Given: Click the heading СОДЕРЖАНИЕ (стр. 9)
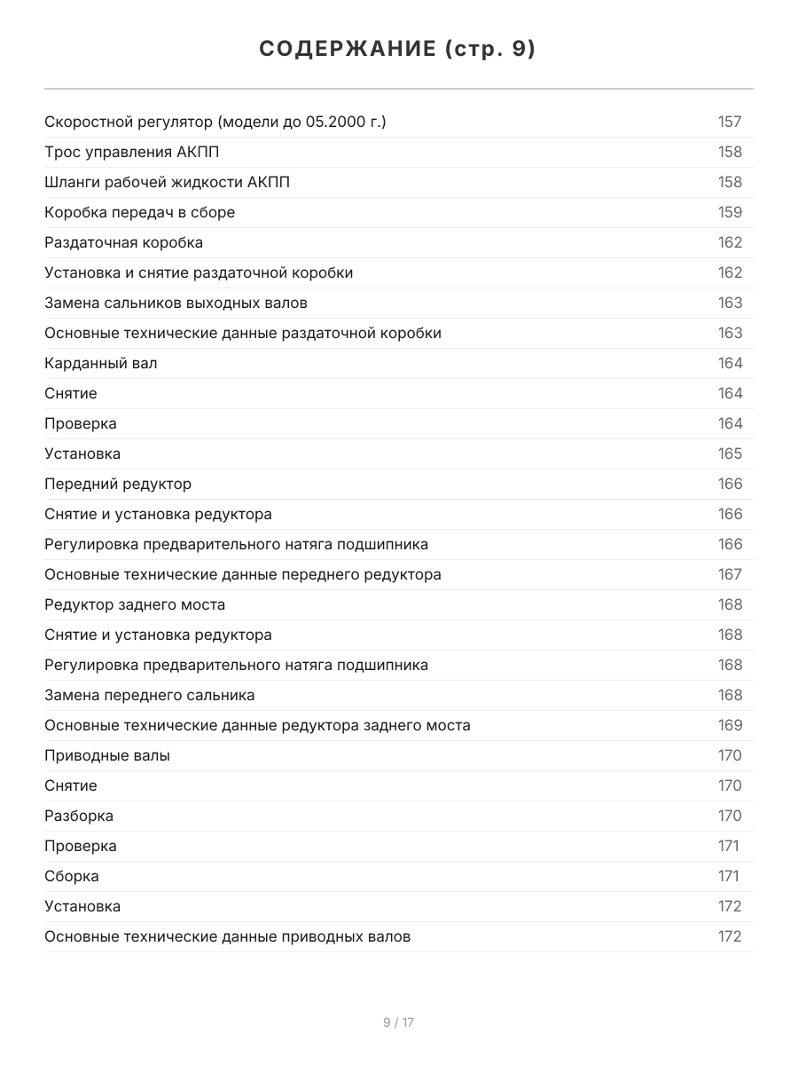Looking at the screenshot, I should pos(398,50).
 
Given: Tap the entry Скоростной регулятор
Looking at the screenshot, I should pos(215,122).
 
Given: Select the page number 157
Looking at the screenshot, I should pos(730,122).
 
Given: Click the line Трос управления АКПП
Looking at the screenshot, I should pos(132,152).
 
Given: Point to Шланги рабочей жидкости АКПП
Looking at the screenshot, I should pos(167,182).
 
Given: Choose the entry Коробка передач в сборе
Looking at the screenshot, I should pos(139,212).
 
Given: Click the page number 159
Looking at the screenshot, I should pos(730,212).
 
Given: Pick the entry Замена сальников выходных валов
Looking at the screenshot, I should pos(176,303).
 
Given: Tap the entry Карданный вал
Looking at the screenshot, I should pos(101,363).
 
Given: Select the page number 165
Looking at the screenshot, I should pos(730,454).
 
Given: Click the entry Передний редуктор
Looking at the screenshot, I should pos(118,484).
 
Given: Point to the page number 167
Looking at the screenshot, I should pos(730,574).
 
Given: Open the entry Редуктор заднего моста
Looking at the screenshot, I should pos(135,604).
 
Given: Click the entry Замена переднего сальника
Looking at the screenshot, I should pos(150,695).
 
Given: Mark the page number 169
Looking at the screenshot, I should pos(730,725).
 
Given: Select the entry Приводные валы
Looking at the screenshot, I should pos(107,755).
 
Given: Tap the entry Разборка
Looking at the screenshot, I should pos(79,816).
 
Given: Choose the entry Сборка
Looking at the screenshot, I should pos(72,876).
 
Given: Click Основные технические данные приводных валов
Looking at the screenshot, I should pos(227,936).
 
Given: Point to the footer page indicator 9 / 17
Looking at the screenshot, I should pos(398,1022).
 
